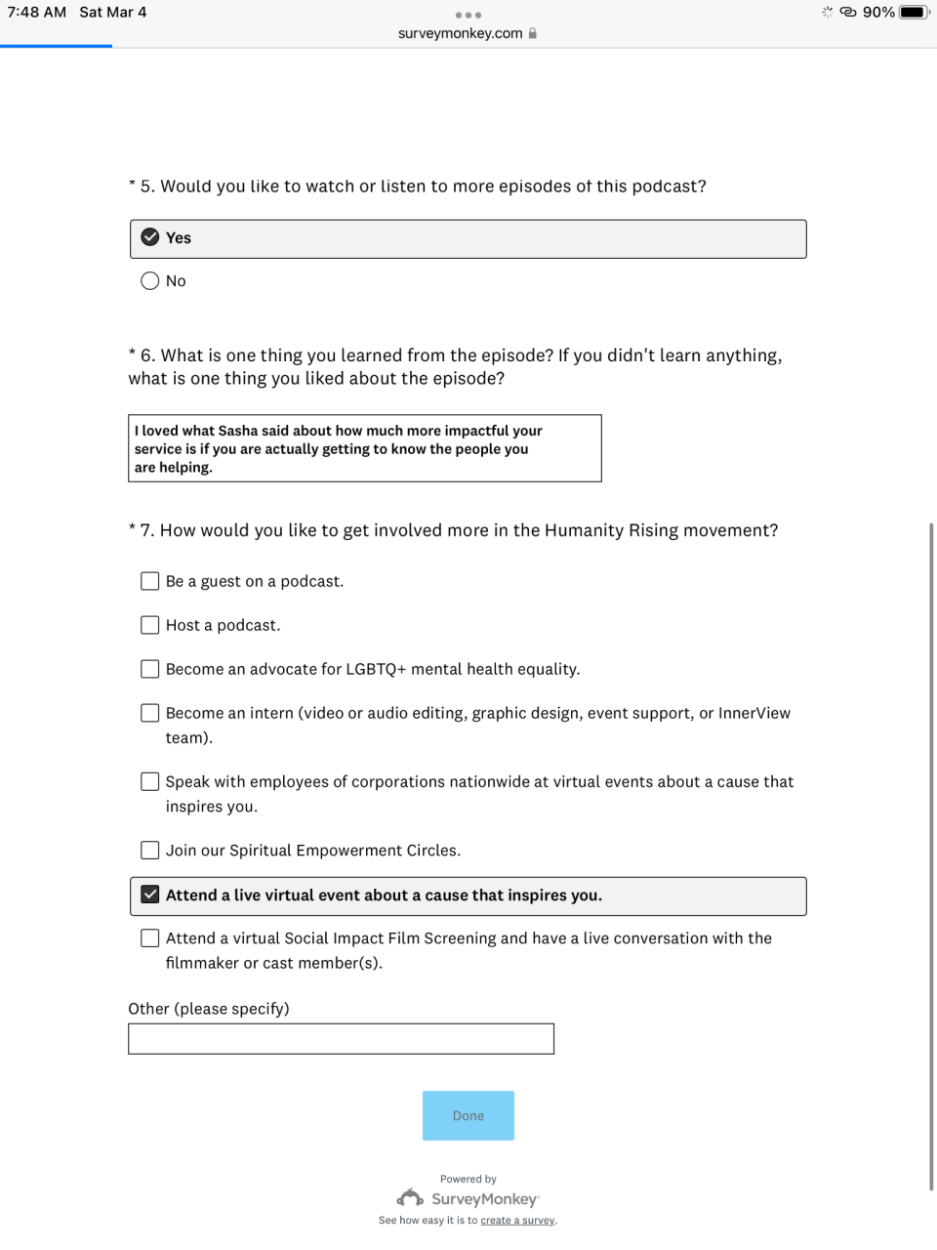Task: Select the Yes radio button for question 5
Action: point(150,237)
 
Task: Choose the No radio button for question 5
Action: point(150,281)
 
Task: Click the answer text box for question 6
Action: point(365,448)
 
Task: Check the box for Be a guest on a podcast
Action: point(150,581)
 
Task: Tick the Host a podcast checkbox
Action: point(150,625)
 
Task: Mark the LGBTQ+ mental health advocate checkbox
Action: point(150,669)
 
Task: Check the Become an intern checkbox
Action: point(150,713)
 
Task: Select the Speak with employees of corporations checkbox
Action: point(150,781)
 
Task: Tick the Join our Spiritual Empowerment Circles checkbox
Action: point(150,851)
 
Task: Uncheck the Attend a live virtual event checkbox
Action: point(150,895)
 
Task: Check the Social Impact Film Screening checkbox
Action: point(150,938)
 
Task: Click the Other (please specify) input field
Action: point(341,1039)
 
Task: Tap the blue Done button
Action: point(468,1115)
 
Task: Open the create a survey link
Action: point(517,1221)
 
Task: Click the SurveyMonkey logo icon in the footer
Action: point(410,1198)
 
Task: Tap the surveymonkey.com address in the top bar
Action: point(460,33)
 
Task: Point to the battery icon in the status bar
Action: point(914,12)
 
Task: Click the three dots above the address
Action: point(468,15)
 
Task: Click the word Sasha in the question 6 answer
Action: point(238,431)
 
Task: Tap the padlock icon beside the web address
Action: point(533,33)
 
